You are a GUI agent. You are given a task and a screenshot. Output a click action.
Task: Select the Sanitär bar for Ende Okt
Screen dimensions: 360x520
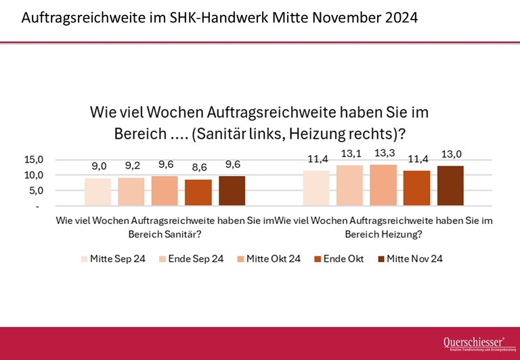(x=198, y=193)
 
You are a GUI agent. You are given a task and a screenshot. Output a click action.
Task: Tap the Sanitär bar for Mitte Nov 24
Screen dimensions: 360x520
(x=232, y=191)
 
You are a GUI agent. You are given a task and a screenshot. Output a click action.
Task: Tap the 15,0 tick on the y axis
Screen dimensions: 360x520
(x=35, y=160)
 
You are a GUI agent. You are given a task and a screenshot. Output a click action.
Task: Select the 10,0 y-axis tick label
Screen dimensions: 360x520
(x=35, y=175)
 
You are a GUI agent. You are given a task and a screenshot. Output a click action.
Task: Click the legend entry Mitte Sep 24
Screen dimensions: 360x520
(x=112, y=258)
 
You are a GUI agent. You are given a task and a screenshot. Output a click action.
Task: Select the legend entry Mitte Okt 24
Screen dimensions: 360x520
(x=271, y=258)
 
